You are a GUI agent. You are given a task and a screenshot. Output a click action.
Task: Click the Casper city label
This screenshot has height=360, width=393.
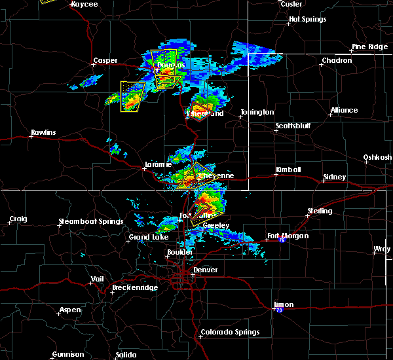pyautogui.click(x=105, y=61)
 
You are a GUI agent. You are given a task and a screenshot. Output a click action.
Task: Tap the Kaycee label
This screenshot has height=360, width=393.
pyautogui.click(x=84, y=4)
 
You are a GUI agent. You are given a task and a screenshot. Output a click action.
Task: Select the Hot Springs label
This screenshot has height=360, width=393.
pyautogui.click(x=307, y=20)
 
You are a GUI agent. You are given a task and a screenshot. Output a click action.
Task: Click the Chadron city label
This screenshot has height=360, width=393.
pyautogui.click(x=337, y=61)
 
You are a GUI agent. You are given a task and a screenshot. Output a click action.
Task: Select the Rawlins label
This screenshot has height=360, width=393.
pyautogui.click(x=43, y=133)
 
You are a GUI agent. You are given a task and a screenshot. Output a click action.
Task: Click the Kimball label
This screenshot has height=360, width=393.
pyautogui.click(x=288, y=170)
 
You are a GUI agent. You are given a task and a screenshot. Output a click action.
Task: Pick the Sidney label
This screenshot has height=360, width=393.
pyautogui.click(x=335, y=177)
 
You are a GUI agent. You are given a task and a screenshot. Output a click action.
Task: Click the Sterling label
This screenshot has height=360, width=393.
pyautogui.click(x=320, y=211)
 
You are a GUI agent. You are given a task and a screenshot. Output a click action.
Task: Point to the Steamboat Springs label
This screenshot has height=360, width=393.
pyautogui.click(x=91, y=221)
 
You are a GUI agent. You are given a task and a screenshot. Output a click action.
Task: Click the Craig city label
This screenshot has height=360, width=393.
pyautogui.click(x=18, y=219)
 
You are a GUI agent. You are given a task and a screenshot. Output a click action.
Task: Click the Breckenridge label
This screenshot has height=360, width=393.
pyautogui.click(x=132, y=287)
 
